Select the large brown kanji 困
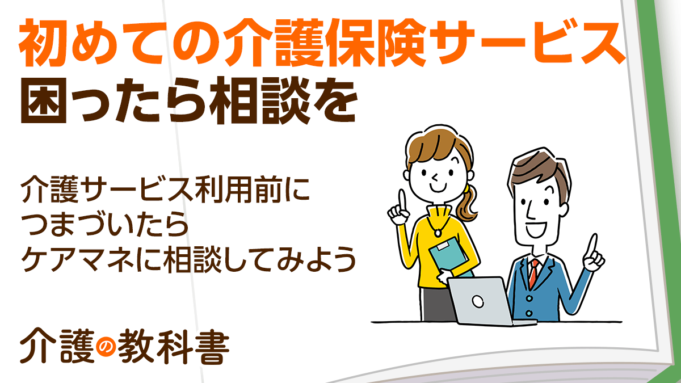pos(44,100)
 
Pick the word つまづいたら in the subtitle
pos(105,225)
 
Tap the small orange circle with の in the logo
pos(106,347)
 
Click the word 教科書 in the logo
pos(173,347)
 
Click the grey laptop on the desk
pos(486,301)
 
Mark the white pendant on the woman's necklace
pos(437,233)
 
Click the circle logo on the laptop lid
pos(478,301)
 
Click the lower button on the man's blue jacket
pos(529,313)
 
